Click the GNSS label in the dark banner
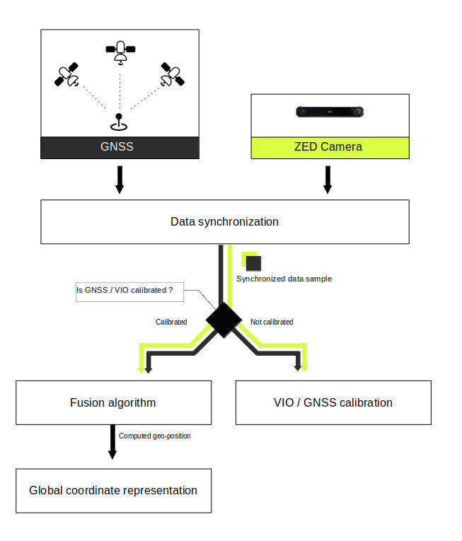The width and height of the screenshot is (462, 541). (117, 146)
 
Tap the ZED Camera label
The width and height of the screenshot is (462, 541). (328, 147)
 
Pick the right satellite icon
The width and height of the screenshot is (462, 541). (173, 74)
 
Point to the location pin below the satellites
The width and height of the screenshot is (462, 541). (119, 122)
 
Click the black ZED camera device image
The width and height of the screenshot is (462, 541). (330, 112)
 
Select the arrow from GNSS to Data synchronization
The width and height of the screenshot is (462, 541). (120, 180)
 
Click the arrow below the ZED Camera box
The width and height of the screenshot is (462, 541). (328, 180)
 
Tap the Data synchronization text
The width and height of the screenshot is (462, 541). (224, 222)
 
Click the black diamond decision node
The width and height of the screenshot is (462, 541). (224, 320)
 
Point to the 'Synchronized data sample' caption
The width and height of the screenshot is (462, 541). (284, 279)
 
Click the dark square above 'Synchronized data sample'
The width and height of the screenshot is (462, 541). (253, 264)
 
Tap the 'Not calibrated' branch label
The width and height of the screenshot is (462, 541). (272, 322)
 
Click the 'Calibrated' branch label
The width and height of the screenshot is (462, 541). (171, 322)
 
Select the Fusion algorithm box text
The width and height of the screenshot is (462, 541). (113, 403)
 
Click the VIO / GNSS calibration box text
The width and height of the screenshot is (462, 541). (333, 402)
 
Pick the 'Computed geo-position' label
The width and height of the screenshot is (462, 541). (155, 436)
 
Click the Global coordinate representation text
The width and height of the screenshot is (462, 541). (113, 491)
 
